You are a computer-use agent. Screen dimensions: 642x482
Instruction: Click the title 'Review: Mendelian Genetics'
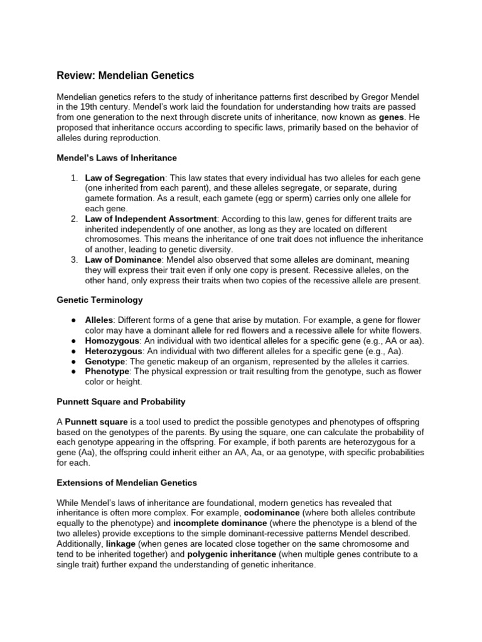[x=126, y=76]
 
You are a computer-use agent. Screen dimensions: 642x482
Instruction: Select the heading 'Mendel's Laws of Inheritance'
[x=117, y=157]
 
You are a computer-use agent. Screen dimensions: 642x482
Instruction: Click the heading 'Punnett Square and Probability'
[x=121, y=401]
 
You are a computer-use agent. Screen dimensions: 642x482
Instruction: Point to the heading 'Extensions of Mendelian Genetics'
[x=127, y=483]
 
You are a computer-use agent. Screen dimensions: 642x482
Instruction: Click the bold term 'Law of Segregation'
[x=126, y=178]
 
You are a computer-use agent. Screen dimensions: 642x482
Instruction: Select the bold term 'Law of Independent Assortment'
[x=151, y=219]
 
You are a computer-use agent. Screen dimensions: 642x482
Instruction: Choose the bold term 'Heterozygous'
[x=114, y=351]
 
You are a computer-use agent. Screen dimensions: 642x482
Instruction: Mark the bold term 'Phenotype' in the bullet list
[x=107, y=371]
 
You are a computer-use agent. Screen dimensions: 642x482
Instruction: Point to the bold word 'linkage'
[x=120, y=544]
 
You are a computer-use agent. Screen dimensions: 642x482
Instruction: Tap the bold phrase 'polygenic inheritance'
[x=232, y=554]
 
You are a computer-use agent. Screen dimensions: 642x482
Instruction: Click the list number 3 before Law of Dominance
[x=73, y=260]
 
